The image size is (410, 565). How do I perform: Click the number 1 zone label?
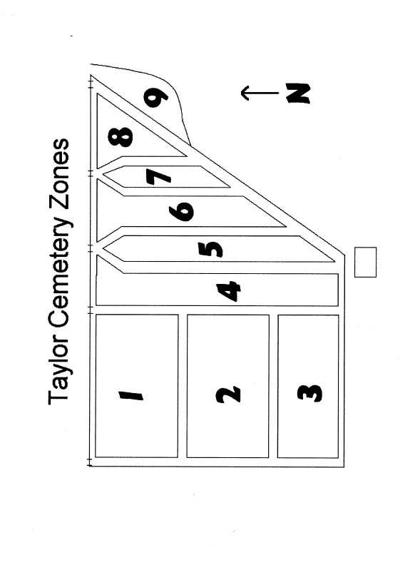[x=131, y=396]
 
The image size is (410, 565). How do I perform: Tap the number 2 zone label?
[x=228, y=395]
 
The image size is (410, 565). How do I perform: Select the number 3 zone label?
[x=309, y=393]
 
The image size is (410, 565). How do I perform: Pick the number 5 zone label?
[x=211, y=249]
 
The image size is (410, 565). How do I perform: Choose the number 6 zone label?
[x=182, y=210]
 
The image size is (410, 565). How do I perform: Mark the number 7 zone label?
[x=158, y=177]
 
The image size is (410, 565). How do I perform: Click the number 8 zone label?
[x=121, y=138]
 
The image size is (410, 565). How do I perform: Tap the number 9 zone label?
[x=155, y=98]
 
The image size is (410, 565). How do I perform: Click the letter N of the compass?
[x=298, y=93]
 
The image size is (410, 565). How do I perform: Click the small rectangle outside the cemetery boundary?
[x=365, y=262]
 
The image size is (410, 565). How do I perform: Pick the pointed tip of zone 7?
[x=103, y=174]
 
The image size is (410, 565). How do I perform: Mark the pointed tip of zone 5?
[x=103, y=248]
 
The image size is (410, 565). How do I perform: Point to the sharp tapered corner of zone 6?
[x=286, y=227]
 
